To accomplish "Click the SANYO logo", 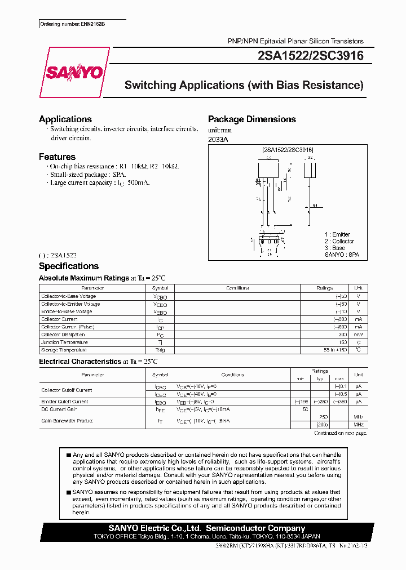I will (x=74, y=73).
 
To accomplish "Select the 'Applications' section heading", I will (x=65, y=119).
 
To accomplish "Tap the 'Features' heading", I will (x=57, y=157).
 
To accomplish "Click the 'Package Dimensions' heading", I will (x=252, y=119).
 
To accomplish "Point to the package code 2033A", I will (x=218, y=139).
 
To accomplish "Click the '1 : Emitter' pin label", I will (x=337, y=234).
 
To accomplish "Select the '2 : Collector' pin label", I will (x=339, y=241).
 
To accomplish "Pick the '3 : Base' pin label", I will (x=335, y=248).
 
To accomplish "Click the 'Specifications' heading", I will (x=69, y=266).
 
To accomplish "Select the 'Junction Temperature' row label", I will (x=64, y=342).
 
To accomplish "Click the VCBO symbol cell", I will (x=160, y=296).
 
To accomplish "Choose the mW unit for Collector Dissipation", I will (x=358, y=335).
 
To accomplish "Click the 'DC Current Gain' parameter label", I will (x=59, y=410).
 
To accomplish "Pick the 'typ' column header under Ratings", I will (x=321, y=378).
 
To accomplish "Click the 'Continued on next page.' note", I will (x=340, y=433).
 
